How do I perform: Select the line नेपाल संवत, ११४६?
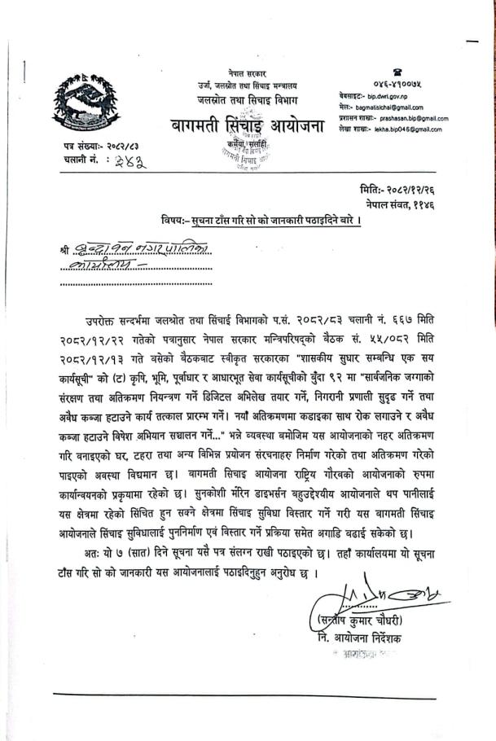[x=407, y=200]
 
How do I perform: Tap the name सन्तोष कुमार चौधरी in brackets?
[x=362, y=623]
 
